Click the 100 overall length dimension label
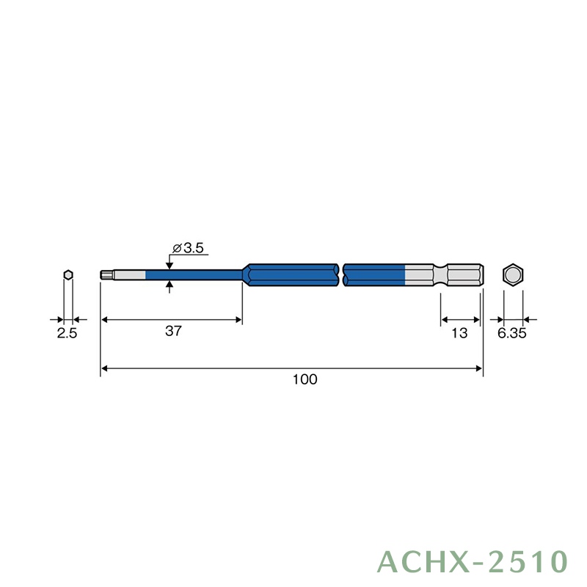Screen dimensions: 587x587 coord(305,379)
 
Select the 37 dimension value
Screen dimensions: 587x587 coord(173,331)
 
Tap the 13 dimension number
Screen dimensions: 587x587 coord(459,333)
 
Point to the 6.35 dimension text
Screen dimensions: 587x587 coord(511,333)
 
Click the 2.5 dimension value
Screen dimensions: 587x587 coord(67,333)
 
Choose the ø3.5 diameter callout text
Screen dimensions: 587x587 coord(189,248)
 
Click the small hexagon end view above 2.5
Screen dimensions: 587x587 coord(68,274)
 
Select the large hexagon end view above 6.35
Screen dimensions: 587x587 coord(512,274)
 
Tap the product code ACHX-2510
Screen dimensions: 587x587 coord(473,562)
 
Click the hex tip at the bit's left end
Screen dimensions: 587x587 coord(107,275)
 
